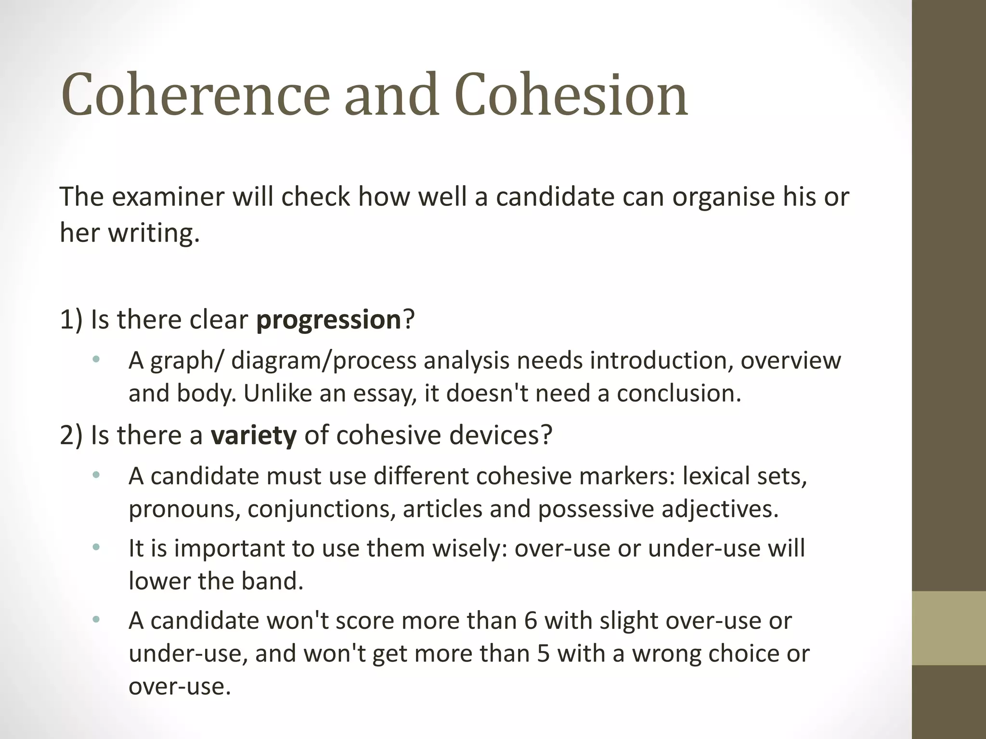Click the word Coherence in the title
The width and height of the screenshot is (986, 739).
195,95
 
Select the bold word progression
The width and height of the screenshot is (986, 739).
328,320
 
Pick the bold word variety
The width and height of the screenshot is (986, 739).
254,435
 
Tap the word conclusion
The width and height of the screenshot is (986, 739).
678,394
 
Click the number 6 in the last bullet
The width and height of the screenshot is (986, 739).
530,621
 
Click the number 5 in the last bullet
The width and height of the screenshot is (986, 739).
543,653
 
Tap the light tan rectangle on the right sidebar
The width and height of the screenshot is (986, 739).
948,628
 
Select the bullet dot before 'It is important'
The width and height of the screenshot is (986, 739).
96,547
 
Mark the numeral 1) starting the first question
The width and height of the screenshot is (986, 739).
71,320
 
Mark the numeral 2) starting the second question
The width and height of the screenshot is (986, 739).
71,435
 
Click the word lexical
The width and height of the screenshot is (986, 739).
709,476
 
